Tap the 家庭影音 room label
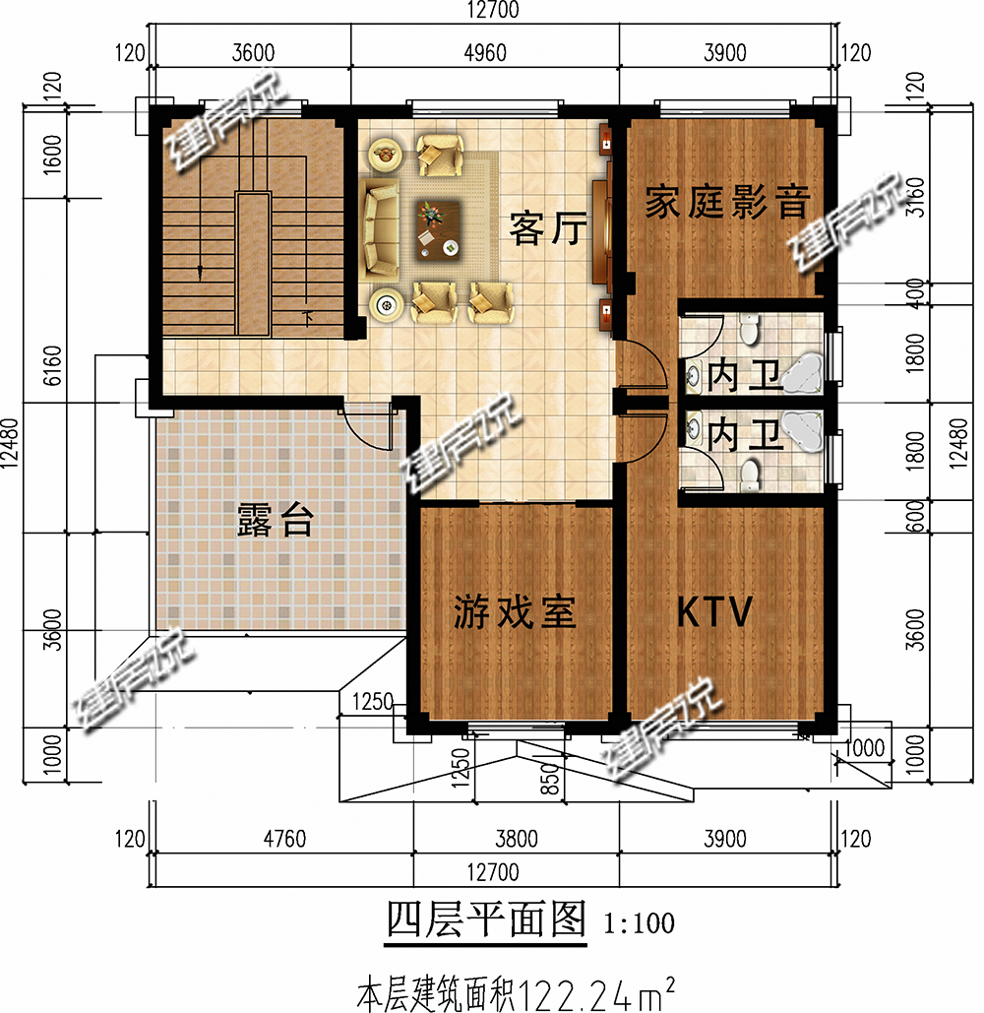pos(726,203)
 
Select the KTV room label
pos(714,611)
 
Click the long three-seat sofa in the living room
pos(377,226)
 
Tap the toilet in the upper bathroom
pos(750,329)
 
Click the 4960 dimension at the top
pos(485,53)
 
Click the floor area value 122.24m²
pos(596,987)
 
